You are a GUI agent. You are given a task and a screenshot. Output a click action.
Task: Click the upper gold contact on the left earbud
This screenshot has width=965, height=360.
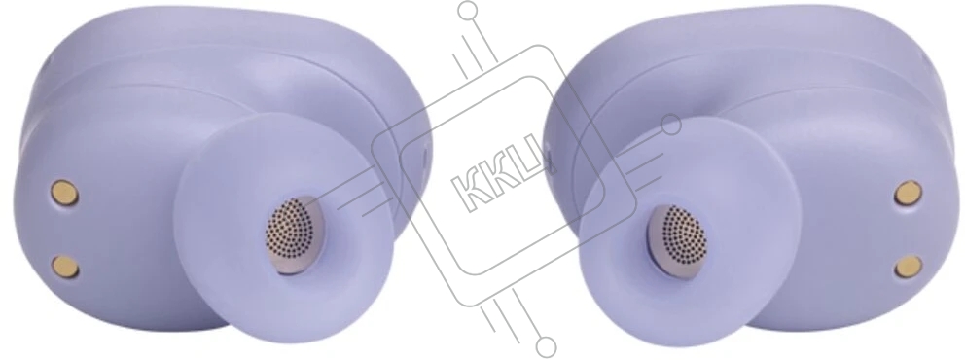coord(64,193)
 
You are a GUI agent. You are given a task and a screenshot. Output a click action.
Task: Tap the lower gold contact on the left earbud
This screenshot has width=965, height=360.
coord(65,267)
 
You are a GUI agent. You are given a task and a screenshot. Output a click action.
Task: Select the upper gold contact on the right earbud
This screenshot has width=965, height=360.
coord(909,193)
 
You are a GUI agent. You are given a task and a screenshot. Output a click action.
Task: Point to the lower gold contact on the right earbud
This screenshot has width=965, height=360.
coord(909,267)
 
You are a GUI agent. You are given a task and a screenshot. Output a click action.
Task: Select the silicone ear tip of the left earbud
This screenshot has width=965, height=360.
coord(283,229)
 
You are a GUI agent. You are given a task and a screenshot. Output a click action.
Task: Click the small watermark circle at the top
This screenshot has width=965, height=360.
coord(468,10)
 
